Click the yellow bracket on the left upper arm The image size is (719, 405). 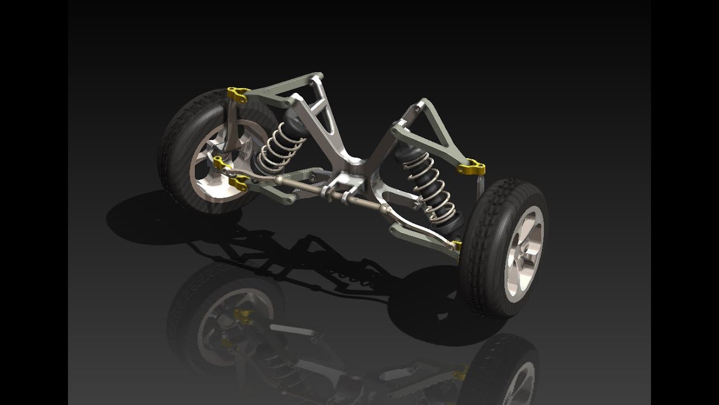pos(236,95)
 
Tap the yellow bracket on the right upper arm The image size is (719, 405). pos(472,168)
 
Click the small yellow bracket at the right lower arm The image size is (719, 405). pos(457,245)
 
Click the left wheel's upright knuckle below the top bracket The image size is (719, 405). pos(232,129)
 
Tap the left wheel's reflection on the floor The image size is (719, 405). pos(225,321)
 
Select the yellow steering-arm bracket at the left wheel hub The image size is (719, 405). pos(221,164)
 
